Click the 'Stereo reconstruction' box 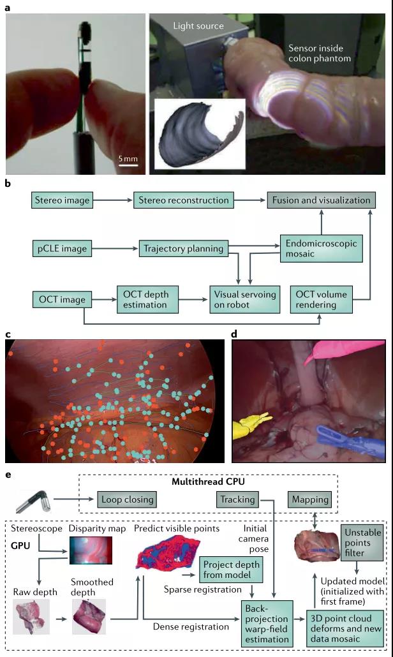pyautogui.click(x=184, y=200)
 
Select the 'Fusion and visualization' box pyautogui.click(x=322, y=200)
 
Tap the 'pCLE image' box pyautogui.click(x=62, y=249)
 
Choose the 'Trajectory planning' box pyautogui.click(x=184, y=249)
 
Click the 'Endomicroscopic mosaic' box pyautogui.click(x=322, y=249)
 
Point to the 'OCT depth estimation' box pyautogui.click(x=147, y=300)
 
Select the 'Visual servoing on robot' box pyautogui.click(x=245, y=300)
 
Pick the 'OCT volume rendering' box pyautogui.click(x=322, y=300)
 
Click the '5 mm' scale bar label pyautogui.click(x=128, y=159)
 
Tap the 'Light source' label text pyautogui.click(x=198, y=26)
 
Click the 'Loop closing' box pyautogui.click(x=128, y=499)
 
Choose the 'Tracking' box pyautogui.click(x=237, y=499)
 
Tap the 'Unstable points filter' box pyautogui.click(x=362, y=543)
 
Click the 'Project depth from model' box pyautogui.click(x=231, y=570)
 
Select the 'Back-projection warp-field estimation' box pyautogui.click(x=267, y=623)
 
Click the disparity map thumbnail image pyautogui.click(x=91, y=550)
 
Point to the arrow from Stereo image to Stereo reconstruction pyautogui.click(x=113, y=200)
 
